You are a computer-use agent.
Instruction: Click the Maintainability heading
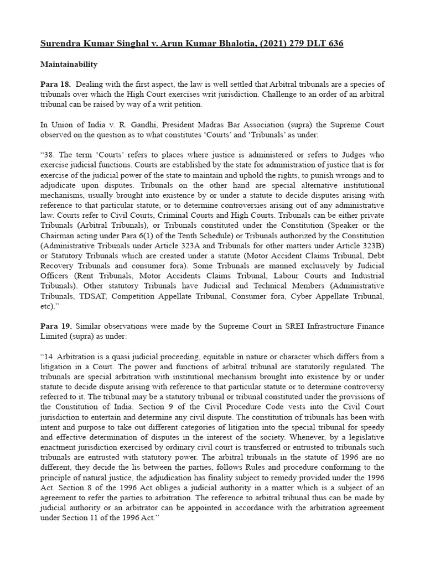(x=69, y=64)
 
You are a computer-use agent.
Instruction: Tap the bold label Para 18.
(x=55, y=84)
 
